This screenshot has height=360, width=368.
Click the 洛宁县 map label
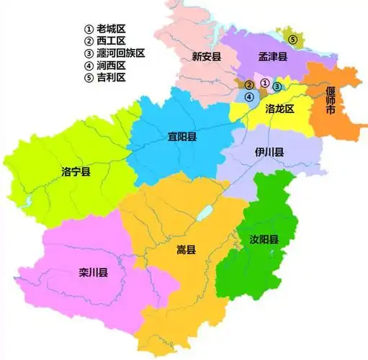76,172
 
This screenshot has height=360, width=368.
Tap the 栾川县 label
93,272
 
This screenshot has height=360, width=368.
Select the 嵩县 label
186,250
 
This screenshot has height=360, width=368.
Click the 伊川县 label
269,153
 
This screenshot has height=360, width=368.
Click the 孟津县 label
273,55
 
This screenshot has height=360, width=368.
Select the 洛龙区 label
280,109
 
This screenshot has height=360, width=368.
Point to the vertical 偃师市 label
331,102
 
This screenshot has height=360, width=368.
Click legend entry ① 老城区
105,29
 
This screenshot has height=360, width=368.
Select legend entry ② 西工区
105,41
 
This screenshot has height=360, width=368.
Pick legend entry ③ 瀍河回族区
115,53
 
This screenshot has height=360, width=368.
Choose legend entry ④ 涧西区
105,66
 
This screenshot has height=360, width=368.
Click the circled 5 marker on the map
292,38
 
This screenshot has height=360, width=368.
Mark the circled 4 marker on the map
248,96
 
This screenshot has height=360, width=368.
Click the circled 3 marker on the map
277,87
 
